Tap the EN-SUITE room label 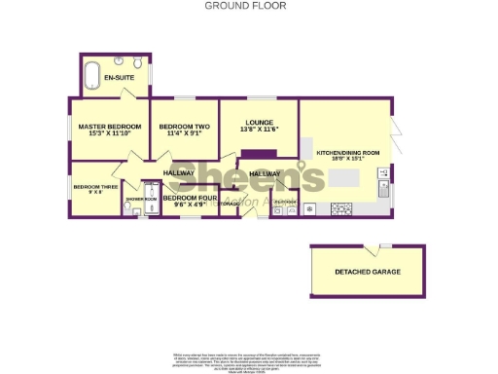(119, 77)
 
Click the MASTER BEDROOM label (110, 127)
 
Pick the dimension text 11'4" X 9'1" (184, 134)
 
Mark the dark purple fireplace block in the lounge (258, 153)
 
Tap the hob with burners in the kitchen (342, 207)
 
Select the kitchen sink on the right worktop (385, 185)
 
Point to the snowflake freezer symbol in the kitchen (310, 208)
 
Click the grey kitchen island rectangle (342, 179)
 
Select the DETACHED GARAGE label (367, 271)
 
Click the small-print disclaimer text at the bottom (249, 355)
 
